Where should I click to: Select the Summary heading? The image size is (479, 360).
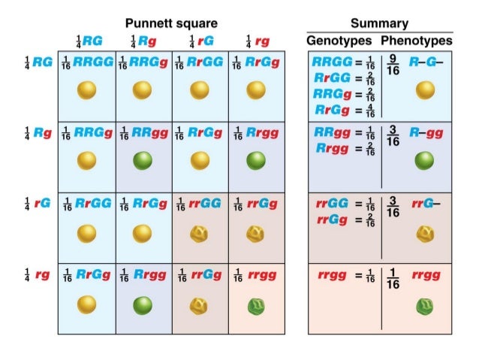point(379,24)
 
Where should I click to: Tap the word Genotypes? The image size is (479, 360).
point(339,40)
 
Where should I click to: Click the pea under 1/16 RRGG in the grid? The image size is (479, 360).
point(87,90)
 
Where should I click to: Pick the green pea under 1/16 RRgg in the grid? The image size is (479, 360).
point(143,161)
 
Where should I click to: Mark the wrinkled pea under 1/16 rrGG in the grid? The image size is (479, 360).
point(199,233)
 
